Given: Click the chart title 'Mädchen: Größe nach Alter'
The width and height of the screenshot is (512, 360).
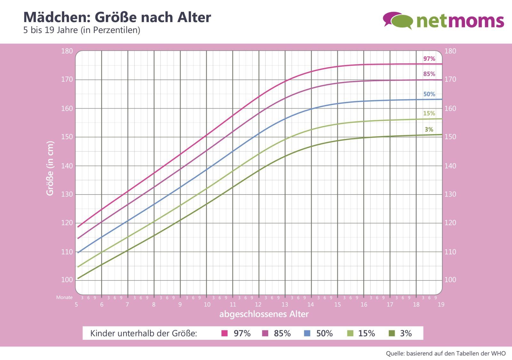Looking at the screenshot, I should click(x=117, y=17).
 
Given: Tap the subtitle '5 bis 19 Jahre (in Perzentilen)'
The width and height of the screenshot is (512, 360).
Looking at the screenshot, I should click(x=82, y=30).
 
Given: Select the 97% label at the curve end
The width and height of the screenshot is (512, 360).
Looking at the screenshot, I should click(x=429, y=59).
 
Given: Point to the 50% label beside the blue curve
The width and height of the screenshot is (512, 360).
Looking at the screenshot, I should click(x=429, y=94).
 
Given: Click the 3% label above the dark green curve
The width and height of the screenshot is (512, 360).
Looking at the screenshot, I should click(x=429, y=129).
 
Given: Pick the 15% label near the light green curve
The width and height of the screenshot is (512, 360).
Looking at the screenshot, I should click(x=429, y=113).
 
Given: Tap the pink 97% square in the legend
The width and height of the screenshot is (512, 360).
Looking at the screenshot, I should click(x=224, y=333).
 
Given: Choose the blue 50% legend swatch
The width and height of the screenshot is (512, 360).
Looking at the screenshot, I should click(x=307, y=333).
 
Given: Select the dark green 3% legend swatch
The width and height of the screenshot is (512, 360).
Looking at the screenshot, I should click(x=391, y=333).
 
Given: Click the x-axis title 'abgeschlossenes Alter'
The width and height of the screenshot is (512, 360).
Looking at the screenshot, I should click(x=264, y=314).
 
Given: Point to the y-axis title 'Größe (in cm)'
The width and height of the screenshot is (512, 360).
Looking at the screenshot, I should click(x=50, y=168).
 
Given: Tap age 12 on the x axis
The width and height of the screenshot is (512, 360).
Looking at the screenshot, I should click(x=258, y=305).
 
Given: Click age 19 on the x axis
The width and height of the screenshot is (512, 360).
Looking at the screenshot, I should click(x=441, y=305).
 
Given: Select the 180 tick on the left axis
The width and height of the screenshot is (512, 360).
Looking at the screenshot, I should click(x=67, y=51).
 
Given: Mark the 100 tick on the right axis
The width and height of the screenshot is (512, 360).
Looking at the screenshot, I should click(x=450, y=280).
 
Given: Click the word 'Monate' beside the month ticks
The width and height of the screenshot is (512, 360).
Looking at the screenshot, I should click(x=64, y=297).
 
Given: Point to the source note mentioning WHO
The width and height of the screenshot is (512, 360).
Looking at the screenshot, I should click(x=446, y=354).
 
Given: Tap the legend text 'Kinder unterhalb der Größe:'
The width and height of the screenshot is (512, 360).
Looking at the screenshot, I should click(x=144, y=333).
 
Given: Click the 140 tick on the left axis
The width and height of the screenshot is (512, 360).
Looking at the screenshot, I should click(x=67, y=166).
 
